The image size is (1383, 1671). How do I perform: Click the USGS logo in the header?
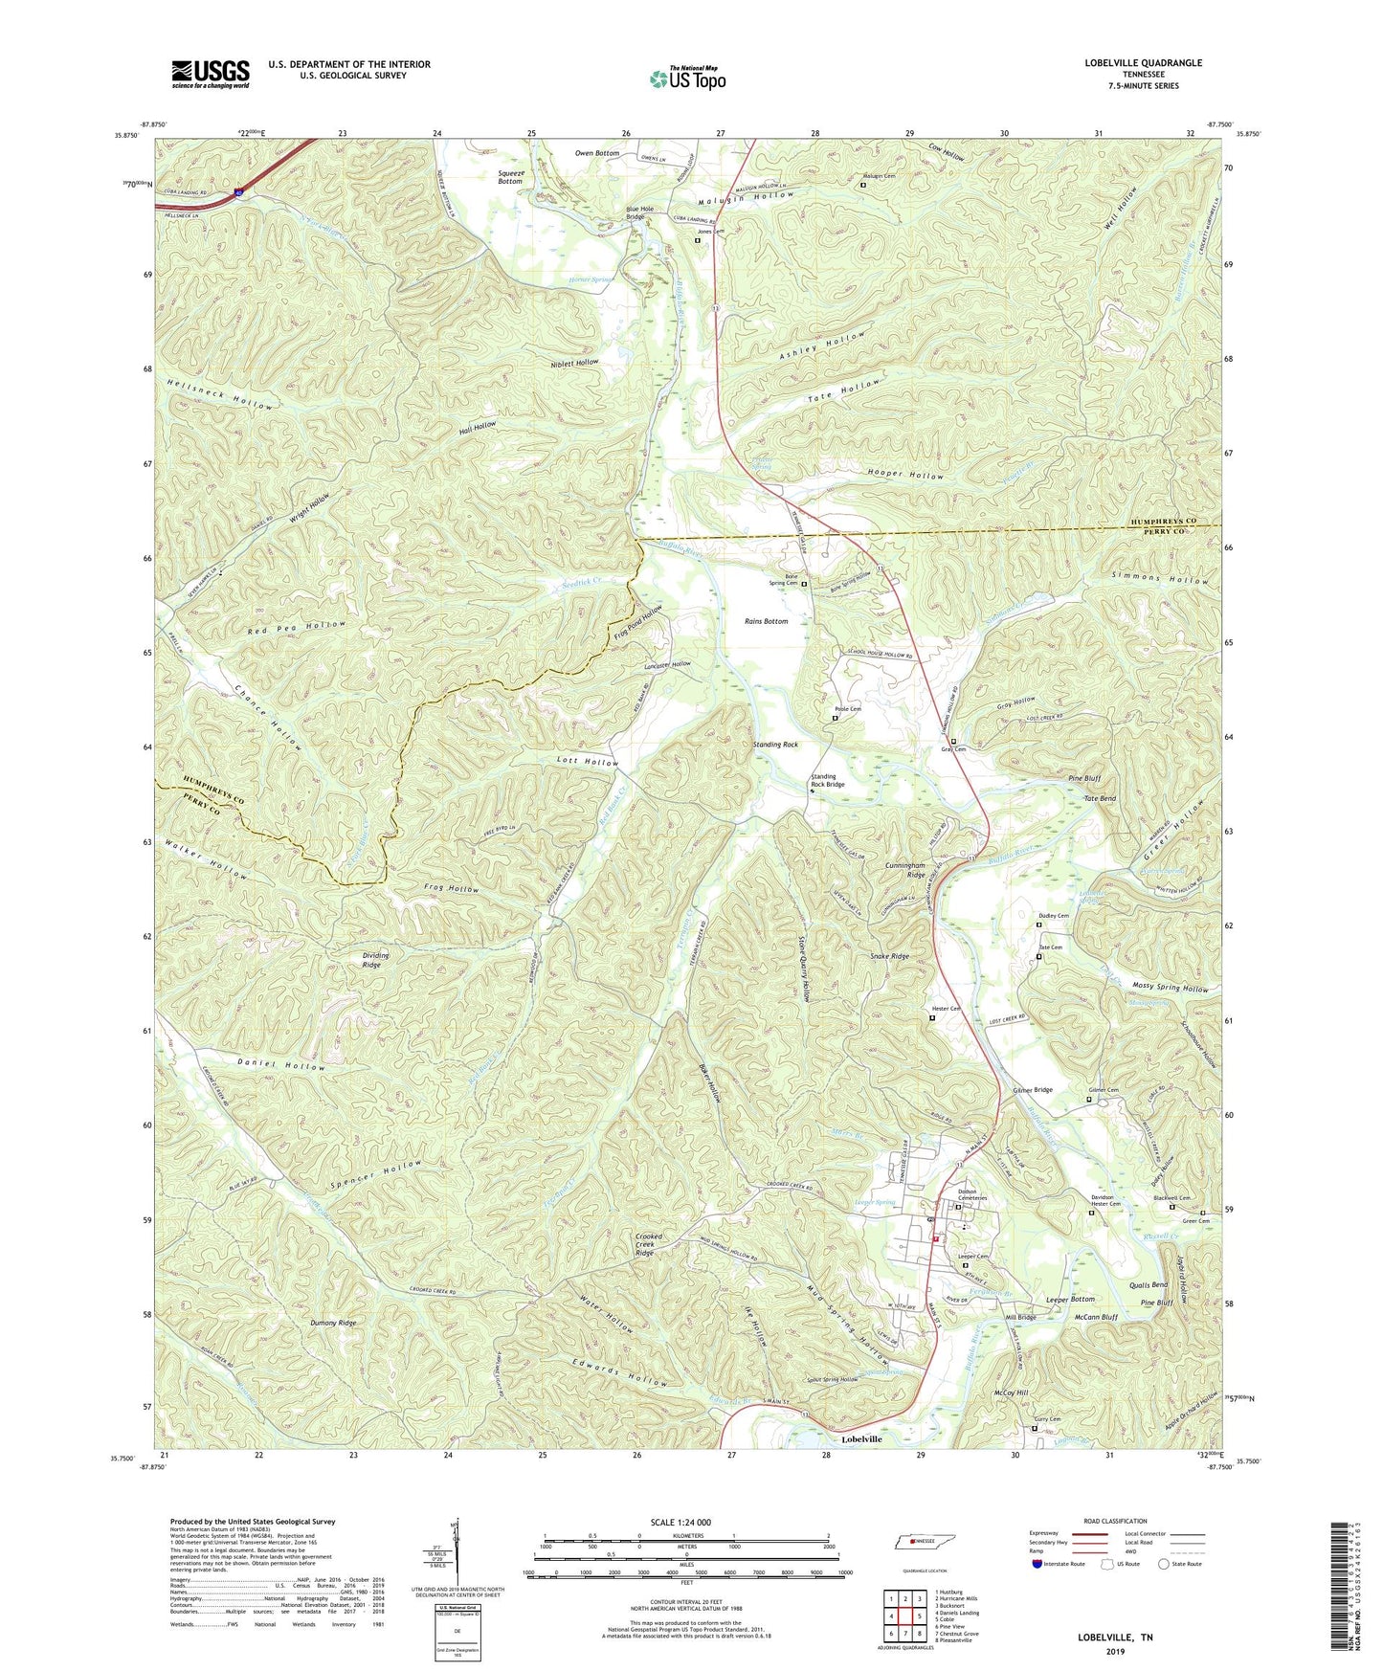pyautogui.click(x=211, y=74)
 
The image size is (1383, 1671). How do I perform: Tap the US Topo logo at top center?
pyautogui.click(x=686, y=78)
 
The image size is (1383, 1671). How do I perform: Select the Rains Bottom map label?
pyautogui.click(x=767, y=621)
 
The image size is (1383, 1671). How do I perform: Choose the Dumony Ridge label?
pyautogui.click(x=333, y=1323)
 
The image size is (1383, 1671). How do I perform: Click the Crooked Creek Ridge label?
pyautogui.click(x=649, y=1244)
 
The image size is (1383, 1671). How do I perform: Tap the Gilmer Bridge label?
pyautogui.click(x=1033, y=1090)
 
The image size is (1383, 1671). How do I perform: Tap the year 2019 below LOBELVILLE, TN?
pyautogui.click(x=1115, y=1652)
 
